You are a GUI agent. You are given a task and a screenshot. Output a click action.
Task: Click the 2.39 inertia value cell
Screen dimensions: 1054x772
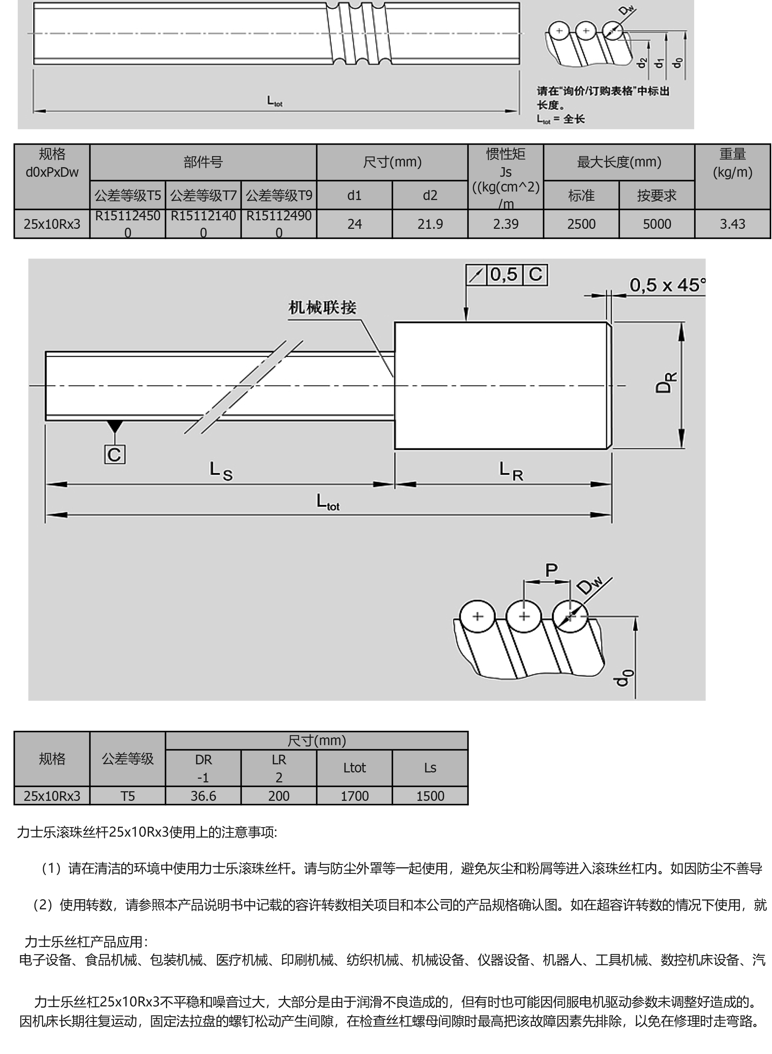coord(506,224)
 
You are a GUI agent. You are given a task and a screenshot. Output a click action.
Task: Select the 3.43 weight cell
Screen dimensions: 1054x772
coord(732,224)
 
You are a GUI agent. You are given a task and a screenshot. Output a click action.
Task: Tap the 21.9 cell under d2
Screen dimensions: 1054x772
coord(430,224)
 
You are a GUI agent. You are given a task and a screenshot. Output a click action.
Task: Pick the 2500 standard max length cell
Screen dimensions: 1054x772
coord(581,224)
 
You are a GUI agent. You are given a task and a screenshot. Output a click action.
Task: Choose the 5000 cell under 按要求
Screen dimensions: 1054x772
coord(657,224)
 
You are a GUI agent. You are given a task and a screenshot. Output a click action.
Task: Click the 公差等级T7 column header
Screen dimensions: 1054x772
coord(203,196)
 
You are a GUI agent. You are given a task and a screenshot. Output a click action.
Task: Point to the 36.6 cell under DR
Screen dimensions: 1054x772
coord(203,796)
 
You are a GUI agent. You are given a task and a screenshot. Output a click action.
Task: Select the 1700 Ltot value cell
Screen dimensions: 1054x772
coord(354,796)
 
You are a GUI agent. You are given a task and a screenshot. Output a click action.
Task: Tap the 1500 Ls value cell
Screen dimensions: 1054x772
coord(430,796)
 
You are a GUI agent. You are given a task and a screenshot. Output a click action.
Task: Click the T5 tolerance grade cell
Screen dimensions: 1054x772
coord(128,796)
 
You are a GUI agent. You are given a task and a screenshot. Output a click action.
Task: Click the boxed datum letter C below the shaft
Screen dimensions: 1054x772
coord(114,455)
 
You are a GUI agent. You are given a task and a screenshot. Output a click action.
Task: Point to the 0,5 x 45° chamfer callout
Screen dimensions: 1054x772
coord(667,285)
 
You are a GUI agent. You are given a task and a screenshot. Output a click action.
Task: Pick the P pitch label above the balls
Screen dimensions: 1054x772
coord(551,570)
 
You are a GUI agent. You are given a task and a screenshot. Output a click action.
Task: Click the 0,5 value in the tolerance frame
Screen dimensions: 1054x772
coord(504,275)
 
